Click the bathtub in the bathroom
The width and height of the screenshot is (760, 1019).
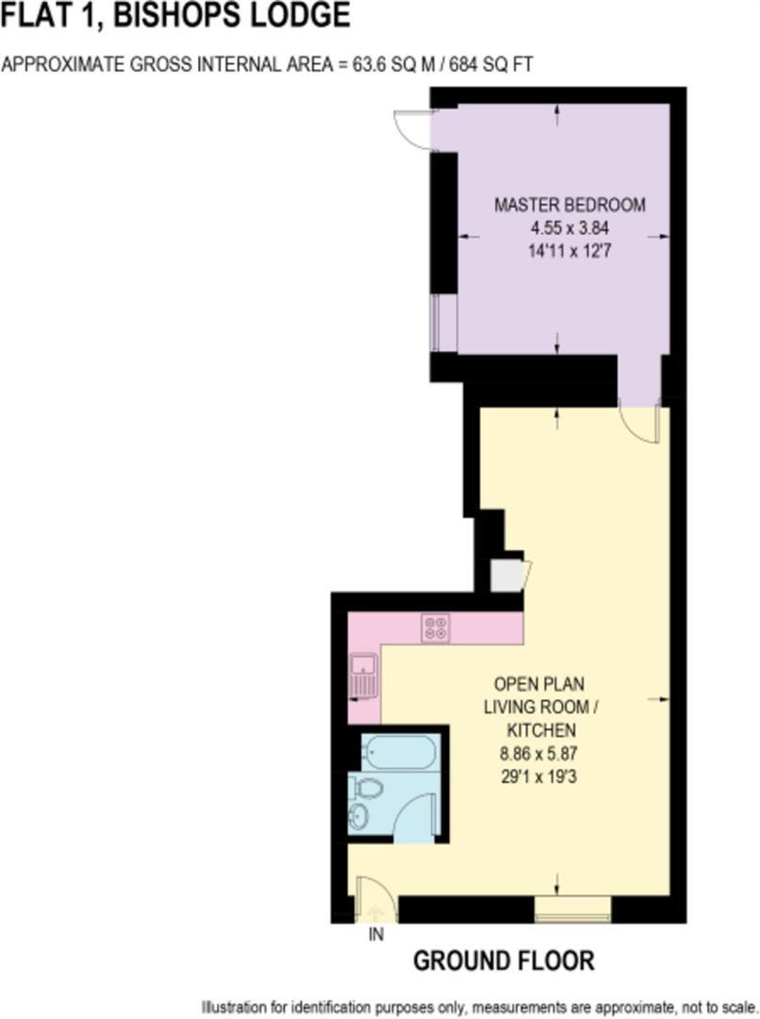398,753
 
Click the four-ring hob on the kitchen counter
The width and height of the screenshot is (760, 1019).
436,628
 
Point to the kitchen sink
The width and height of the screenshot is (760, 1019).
364,676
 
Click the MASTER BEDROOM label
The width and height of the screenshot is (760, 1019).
570,206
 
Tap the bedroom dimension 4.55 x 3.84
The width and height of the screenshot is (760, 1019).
570,228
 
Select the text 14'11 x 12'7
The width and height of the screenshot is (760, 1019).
570,251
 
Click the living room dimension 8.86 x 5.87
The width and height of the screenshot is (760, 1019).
537,754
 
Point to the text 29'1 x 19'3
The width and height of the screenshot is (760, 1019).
537,777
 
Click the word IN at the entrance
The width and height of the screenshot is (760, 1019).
376,935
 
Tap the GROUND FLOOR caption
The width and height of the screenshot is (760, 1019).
504,961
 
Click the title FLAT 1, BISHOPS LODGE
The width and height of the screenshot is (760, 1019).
175,15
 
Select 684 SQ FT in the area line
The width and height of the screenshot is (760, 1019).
487,65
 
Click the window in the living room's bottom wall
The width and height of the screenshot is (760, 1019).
572,910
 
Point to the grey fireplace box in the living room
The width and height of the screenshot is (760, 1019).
508,576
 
